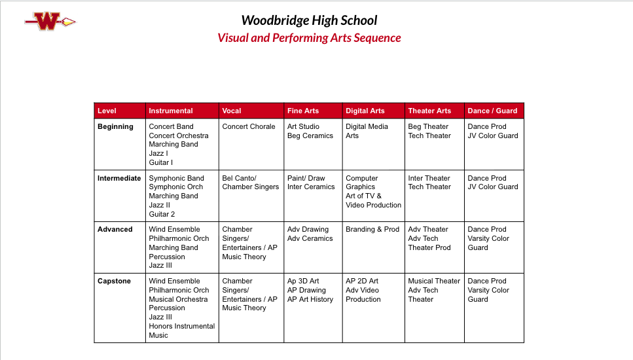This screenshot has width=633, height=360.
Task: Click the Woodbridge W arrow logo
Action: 50,22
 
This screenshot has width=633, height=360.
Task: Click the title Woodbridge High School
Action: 309,20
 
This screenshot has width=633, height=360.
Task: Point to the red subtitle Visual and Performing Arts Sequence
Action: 309,38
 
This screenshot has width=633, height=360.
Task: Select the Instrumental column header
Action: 171,111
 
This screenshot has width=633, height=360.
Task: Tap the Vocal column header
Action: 232,111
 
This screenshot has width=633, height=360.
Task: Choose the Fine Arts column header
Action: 303,111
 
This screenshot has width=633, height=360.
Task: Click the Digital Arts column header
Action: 365,111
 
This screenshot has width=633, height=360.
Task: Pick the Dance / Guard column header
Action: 492,111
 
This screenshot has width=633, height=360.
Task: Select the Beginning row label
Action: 115,126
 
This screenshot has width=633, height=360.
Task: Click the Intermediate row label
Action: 119,178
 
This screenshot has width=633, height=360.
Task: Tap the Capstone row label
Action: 115,281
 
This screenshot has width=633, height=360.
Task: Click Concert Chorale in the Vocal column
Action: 249,126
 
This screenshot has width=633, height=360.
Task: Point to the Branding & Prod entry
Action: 372,229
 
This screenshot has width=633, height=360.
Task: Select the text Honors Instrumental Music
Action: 181,331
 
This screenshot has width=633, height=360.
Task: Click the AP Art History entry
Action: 310,299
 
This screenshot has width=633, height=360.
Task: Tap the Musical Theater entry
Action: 434,281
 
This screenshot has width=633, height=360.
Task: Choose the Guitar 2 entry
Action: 162,214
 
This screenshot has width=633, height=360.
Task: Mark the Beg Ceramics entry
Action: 310,135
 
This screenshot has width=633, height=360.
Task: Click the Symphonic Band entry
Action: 177,178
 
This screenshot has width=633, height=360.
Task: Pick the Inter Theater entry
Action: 429,178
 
